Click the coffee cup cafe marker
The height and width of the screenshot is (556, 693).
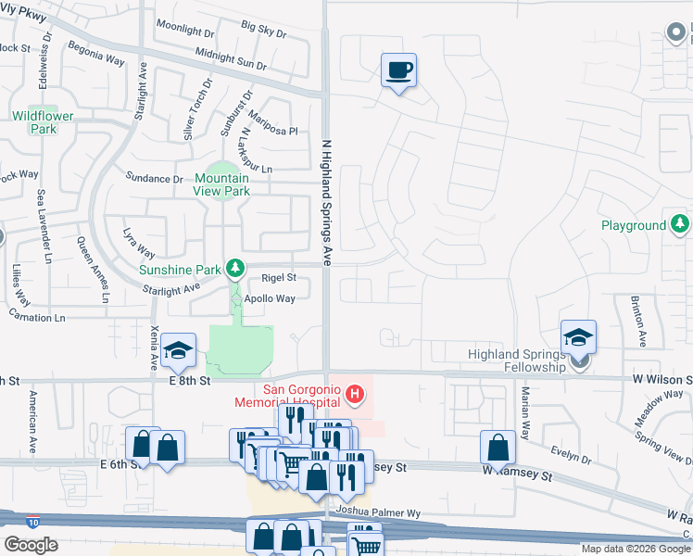pyautogui.click(x=398, y=70)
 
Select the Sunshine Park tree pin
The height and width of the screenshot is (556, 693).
pyautogui.click(x=236, y=270)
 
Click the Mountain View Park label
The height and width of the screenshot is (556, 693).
pyautogui.click(x=221, y=184)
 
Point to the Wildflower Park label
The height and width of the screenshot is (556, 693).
pyautogui.click(x=34, y=122)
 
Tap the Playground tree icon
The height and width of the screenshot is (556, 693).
pyautogui.click(x=680, y=224)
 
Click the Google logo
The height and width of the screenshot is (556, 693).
pyautogui.click(x=31, y=545)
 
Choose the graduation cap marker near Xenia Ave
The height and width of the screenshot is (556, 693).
pyautogui.click(x=176, y=350)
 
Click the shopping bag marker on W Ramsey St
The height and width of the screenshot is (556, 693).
pyautogui.click(x=498, y=448)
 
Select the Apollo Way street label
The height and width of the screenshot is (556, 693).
pyautogui.click(x=270, y=299)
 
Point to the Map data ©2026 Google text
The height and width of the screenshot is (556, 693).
pyautogui.click(x=635, y=549)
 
